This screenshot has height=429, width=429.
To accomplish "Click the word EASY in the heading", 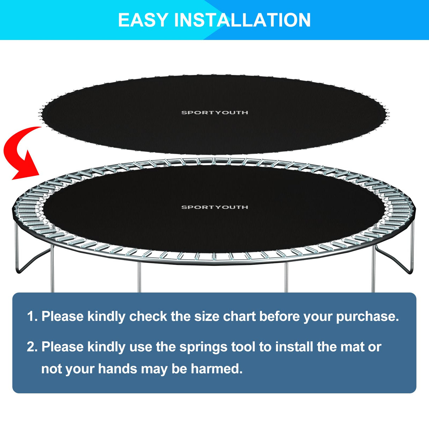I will tap(143, 20).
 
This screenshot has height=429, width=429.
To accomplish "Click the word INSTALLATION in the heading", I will tap(242, 20).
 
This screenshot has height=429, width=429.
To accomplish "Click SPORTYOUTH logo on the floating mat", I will tap(214, 113).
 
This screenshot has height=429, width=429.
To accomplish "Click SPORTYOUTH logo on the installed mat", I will tap(214, 207).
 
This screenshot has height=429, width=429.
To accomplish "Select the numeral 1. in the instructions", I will tap(32, 316).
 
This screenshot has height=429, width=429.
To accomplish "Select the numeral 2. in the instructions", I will tap(32, 347).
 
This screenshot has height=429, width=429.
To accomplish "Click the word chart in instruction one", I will tap(239, 316).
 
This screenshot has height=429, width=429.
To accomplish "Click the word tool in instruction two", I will tap(243, 347).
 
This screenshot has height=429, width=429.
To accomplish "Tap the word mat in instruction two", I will tap(352, 347).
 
